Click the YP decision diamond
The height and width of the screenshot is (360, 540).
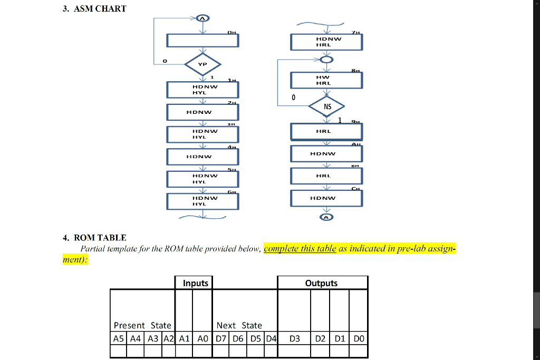(202, 64)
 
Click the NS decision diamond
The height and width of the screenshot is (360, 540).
(327, 106)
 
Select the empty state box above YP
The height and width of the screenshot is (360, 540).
(202, 41)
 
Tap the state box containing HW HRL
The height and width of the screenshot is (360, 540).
(327, 80)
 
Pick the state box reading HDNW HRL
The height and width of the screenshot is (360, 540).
(327, 42)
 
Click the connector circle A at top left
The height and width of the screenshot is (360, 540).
(202, 18)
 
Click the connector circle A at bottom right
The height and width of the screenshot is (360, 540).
(327, 217)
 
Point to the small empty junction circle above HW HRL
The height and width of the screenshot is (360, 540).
(327, 60)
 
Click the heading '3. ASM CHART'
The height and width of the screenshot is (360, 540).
(94, 8)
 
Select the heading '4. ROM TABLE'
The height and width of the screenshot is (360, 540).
(94, 238)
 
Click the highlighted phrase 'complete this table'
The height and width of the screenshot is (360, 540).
(300, 249)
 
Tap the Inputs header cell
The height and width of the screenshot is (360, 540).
(196, 283)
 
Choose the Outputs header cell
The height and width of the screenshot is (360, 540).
(321, 283)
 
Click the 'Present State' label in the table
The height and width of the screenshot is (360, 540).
(142, 325)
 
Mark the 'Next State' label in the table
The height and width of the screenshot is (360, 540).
(239, 325)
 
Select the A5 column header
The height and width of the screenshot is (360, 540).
(119, 338)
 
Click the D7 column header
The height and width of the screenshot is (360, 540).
(222, 338)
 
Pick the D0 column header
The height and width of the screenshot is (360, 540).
(359, 338)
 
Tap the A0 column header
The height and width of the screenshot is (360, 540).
(201, 338)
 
